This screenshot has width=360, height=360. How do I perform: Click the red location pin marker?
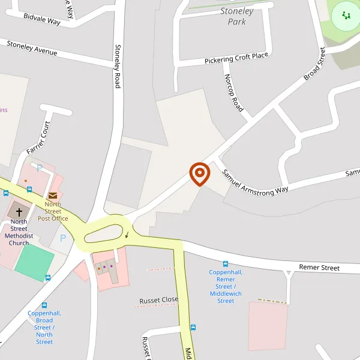[x=200, y=173]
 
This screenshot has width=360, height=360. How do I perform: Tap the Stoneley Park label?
[x=236, y=16]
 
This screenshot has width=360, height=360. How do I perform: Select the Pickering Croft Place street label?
[x=236, y=58]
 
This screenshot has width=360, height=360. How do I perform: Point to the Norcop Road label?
[x=233, y=93]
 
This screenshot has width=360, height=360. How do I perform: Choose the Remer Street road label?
[x=319, y=267]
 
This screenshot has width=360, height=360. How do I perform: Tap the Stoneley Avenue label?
[x=32, y=48]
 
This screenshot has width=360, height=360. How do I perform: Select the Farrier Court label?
[x=38, y=137]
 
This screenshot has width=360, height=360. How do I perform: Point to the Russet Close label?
[x=159, y=299]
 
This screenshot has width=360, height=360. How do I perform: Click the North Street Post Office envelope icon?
[x=53, y=196]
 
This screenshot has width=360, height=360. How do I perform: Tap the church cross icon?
[x=19, y=212]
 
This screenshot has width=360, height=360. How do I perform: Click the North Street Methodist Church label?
[x=19, y=232]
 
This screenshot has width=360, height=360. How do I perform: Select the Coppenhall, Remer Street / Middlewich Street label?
[x=226, y=286]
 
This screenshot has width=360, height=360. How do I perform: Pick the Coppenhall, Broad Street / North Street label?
[x=44, y=327]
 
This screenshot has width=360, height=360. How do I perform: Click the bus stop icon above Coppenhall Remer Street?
[x=226, y=263]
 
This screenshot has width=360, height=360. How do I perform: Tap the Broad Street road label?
[x=314, y=64]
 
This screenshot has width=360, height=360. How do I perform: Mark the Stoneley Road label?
[x=118, y=66]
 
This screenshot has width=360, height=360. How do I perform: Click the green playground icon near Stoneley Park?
[x=345, y=16]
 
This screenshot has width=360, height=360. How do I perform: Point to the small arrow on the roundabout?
[x=127, y=235]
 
